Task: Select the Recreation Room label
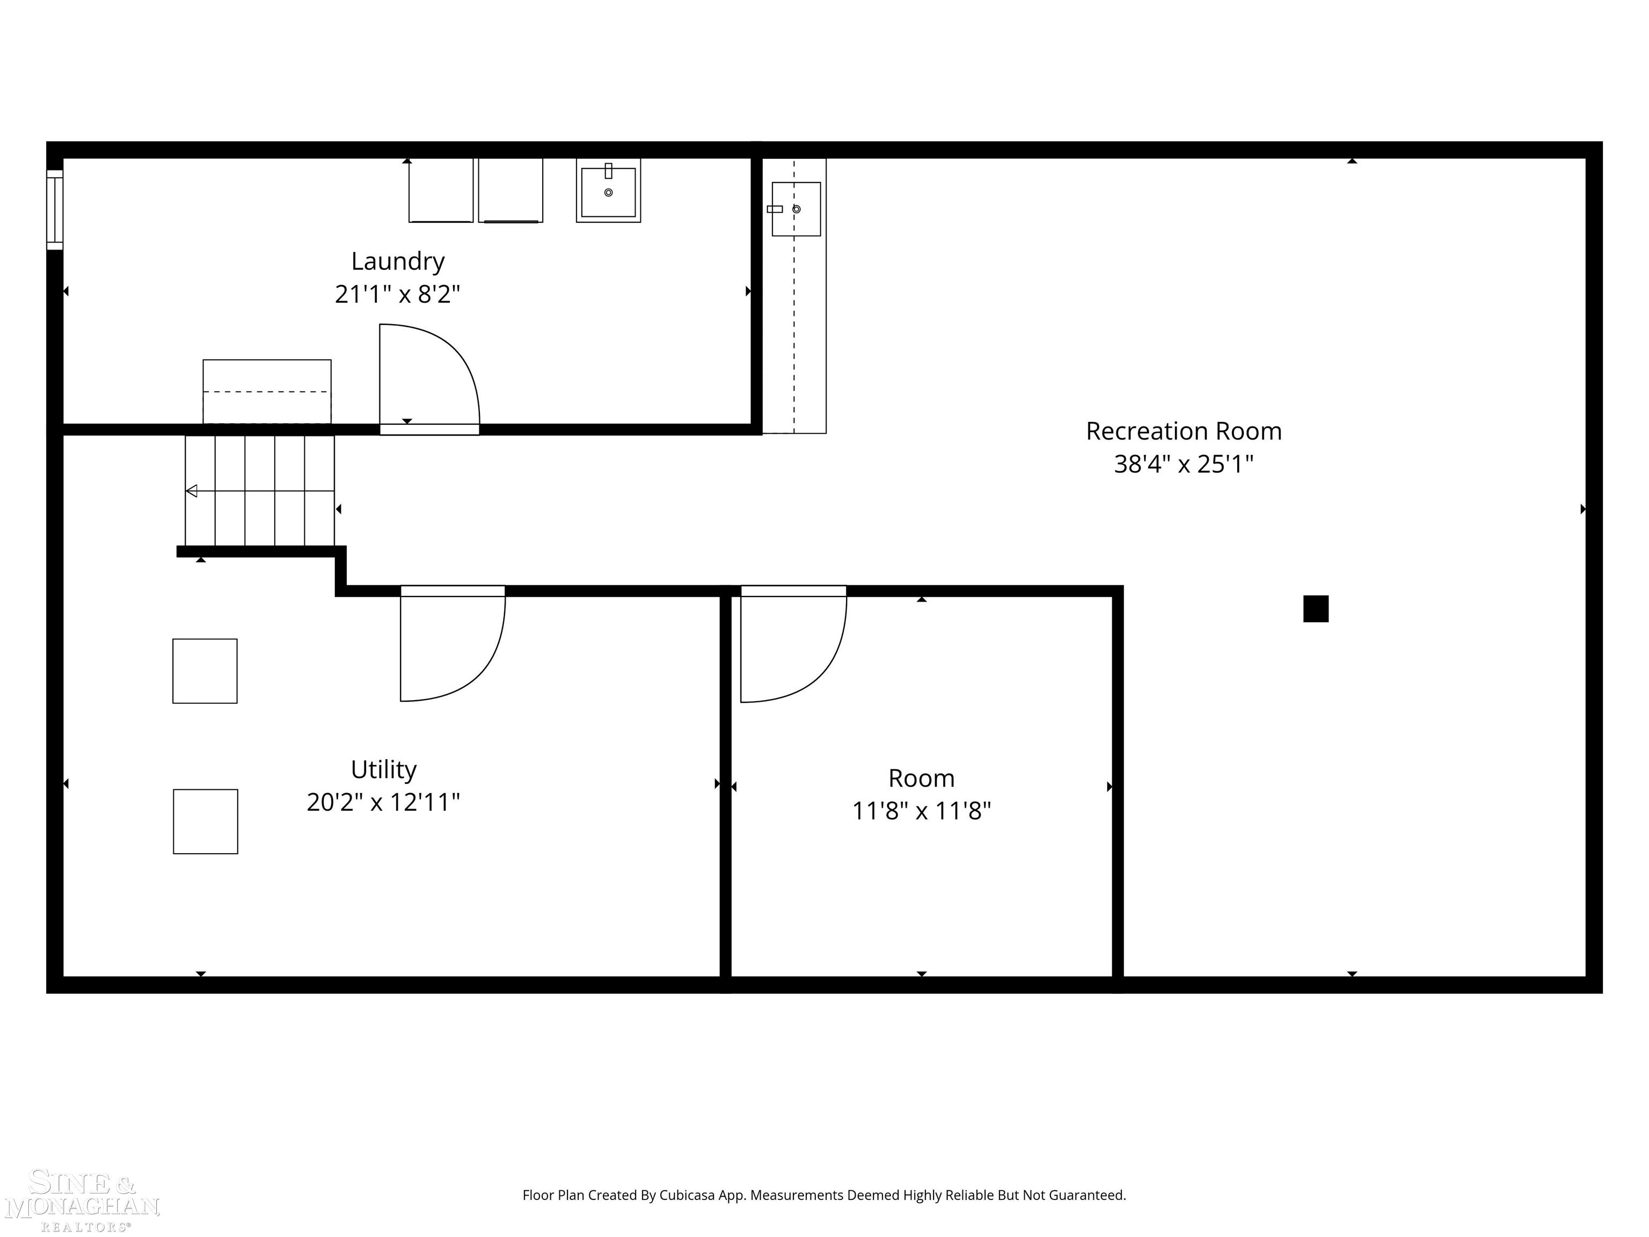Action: [1183, 431]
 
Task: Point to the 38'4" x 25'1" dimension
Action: [1183, 464]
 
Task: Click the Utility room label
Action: [383, 769]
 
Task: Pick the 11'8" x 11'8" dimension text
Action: [922, 811]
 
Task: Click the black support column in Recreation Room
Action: [1316, 608]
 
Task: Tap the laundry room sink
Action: [608, 191]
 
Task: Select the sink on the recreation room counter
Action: [796, 209]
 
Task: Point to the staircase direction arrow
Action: [192, 491]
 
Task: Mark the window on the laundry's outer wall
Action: [54, 209]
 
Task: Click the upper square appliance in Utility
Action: [205, 671]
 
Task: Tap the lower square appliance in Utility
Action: [206, 821]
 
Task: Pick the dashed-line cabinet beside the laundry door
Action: [267, 391]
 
